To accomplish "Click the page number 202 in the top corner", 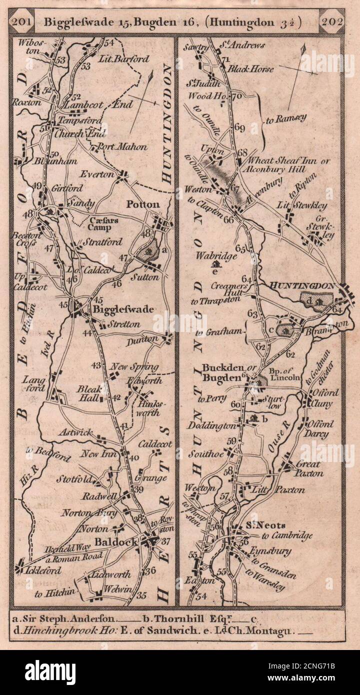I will click(332, 22).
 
